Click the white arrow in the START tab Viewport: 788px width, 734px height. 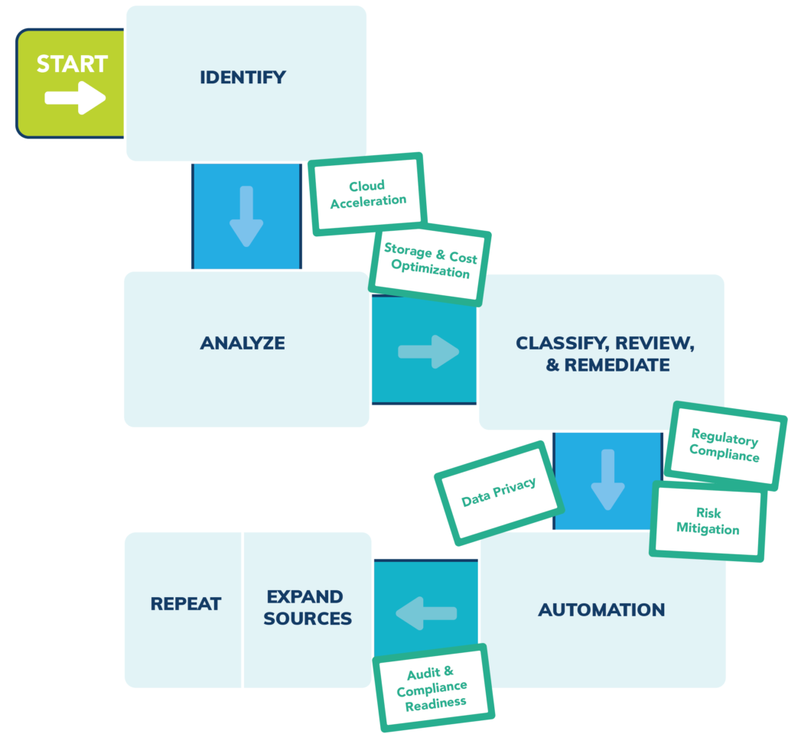point(74,98)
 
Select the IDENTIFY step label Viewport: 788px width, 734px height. point(243,77)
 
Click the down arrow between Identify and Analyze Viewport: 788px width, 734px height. point(246,216)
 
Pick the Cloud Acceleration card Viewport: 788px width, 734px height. point(367,193)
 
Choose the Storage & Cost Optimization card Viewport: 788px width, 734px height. point(429,261)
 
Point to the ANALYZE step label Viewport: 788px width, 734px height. point(243,343)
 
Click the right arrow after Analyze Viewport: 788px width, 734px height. point(428,352)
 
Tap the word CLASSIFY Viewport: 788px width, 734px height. point(558,343)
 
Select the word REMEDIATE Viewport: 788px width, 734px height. point(618,365)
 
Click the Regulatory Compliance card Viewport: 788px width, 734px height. point(724,446)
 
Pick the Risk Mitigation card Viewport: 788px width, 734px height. point(708,521)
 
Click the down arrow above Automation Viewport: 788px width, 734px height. point(607,480)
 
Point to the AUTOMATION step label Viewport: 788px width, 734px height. point(601,610)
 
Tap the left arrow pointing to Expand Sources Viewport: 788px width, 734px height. point(426,613)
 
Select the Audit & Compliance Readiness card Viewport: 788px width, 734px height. point(433,687)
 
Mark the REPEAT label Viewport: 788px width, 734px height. point(185,604)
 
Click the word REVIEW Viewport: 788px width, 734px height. point(649,343)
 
